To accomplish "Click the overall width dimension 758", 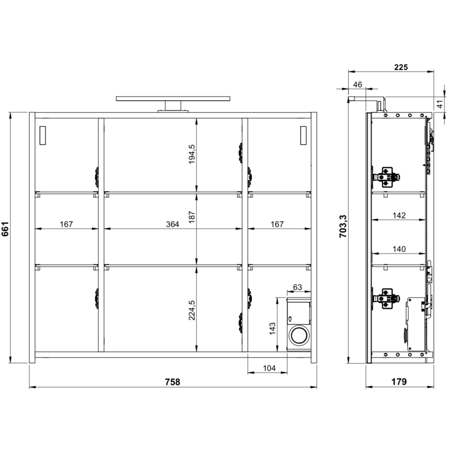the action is [x=173, y=382].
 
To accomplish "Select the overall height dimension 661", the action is [x=5, y=229].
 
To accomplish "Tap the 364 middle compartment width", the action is [x=172, y=224].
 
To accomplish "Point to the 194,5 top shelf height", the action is [x=192, y=154].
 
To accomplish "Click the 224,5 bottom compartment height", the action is [x=192, y=310].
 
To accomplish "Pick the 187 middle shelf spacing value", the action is [x=192, y=217].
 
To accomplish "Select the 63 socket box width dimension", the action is [x=298, y=287].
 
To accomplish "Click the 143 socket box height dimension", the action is [x=272, y=329].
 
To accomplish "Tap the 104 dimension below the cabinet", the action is [x=269, y=368].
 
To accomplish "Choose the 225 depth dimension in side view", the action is [x=401, y=67].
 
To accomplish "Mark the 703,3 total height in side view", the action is [x=343, y=226].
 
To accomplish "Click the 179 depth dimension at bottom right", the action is [x=399, y=382].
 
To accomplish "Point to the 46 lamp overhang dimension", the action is [x=358, y=85].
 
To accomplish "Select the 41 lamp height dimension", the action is [x=440, y=104].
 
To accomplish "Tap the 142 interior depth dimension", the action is [x=399, y=215].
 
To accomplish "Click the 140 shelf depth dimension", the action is [x=399, y=249].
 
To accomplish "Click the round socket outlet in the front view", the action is [x=299, y=335].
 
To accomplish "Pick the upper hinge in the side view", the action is [x=386, y=177].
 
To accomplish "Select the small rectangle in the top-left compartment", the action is [x=42, y=135].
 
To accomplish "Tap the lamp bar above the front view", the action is [x=173, y=99].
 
